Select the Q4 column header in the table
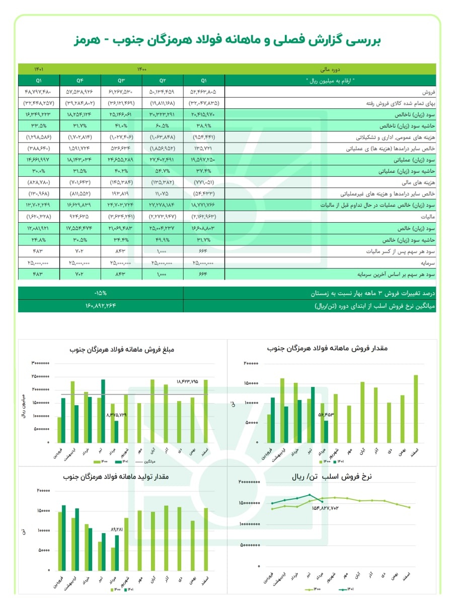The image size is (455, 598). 80,80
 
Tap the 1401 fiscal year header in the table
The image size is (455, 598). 39,69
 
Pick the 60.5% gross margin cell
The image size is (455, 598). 162,126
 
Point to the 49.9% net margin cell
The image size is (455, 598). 162,239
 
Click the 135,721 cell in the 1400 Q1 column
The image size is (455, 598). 203,149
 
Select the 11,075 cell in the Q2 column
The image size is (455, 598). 162,194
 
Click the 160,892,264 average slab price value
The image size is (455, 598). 101,305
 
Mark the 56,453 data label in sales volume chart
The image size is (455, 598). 326,415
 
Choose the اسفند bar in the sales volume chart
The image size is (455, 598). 416,409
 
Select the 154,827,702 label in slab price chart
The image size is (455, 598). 332,507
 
